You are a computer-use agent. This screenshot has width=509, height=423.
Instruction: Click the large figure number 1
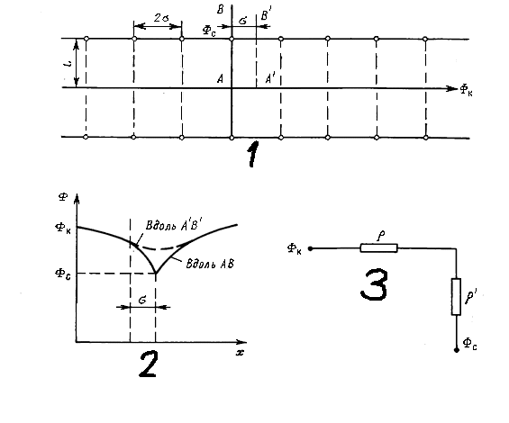pyautogui.click(x=253, y=154)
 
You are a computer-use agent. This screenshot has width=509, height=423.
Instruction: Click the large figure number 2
pyautogui.click(x=149, y=364)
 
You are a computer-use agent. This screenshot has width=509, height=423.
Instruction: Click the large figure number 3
pyautogui.click(x=374, y=284)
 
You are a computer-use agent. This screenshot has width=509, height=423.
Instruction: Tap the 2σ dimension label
pyautogui.click(x=161, y=18)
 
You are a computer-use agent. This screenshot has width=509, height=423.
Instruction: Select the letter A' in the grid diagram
pyautogui.click(x=270, y=78)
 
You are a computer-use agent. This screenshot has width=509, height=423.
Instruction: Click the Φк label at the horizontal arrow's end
pyautogui.click(x=467, y=90)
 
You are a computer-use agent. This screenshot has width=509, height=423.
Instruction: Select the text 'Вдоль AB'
pyautogui.click(x=210, y=264)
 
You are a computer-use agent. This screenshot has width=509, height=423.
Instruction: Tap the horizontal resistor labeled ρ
pyautogui.click(x=379, y=248)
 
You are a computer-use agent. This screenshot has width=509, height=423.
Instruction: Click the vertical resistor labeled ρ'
pyautogui.click(x=456, y=296)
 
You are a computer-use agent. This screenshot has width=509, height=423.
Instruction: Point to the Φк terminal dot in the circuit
pyautogui.click(x=310, y=248)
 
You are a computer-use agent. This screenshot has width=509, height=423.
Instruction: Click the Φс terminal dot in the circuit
pyautogui.click(x=457, y=350)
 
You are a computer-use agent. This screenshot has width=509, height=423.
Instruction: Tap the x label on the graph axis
pyautogui.click(x=240, y=352)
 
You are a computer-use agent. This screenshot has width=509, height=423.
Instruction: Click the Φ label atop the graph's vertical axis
pyautogui.click(x=63, y=197)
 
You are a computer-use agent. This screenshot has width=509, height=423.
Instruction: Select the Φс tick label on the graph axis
pyautogui.click(x=63, y=274)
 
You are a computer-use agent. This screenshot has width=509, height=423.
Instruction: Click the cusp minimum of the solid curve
pyautogui.click(x=156, y=273)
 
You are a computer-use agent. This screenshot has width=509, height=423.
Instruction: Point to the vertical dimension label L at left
pyautogui.click(x=68, y=65)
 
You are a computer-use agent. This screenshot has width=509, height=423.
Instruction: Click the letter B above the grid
pyautogui.click(x=221, y=10)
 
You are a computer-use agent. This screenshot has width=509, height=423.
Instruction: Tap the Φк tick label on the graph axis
pyautogui.click(x=63, y=229)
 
